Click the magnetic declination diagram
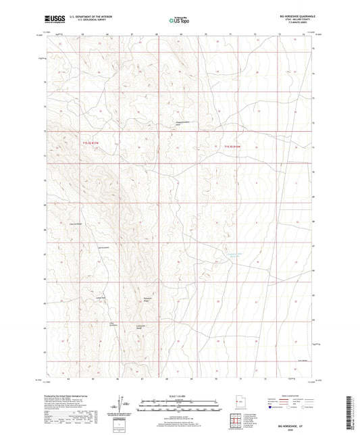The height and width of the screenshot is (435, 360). click(x=124, y=408)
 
